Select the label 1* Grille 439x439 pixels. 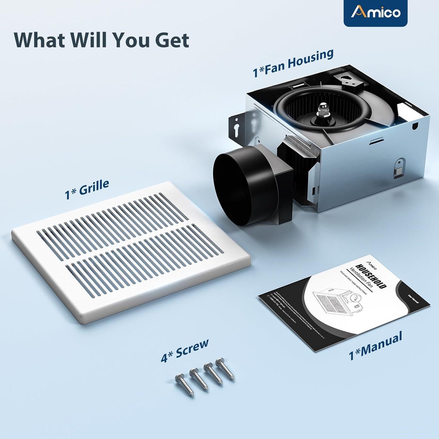tap(87, 189)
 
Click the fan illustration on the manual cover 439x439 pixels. tap(337, 299)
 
